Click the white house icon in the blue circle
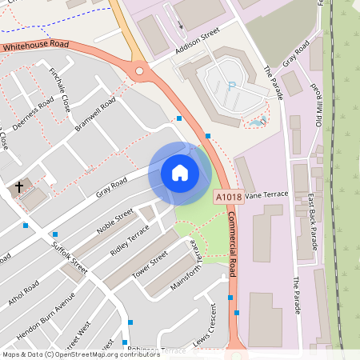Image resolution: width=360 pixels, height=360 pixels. click(180, 173)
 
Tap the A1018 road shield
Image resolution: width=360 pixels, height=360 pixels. click(228, 196)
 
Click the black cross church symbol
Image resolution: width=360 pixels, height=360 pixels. click(19, 188)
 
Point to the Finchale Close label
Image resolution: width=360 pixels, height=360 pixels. click(60, 88)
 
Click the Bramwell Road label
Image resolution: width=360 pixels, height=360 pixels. click(95, 114)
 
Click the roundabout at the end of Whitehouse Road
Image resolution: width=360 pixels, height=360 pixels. click(141, 72)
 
